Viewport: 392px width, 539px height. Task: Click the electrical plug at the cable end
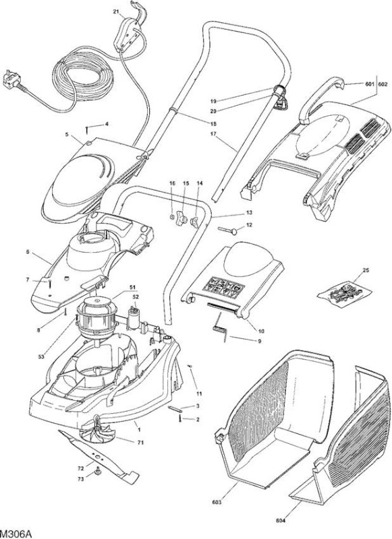[x=11, y=80]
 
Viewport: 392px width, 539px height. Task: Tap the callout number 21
[x=115, y=11]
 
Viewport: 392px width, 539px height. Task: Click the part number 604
[x=281, y=520]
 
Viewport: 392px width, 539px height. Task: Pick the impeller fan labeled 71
[x=97, y=431]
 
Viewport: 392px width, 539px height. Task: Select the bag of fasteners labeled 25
[x=344, y=294]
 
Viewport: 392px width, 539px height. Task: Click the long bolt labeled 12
[x=227, y=230]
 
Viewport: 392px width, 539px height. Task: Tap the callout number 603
[x=217, y=502]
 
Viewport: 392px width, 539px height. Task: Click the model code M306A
[x=16, y=534]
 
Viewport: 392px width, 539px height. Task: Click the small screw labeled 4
[x=87, y=131]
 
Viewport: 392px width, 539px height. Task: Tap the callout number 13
[x=249, y=212]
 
